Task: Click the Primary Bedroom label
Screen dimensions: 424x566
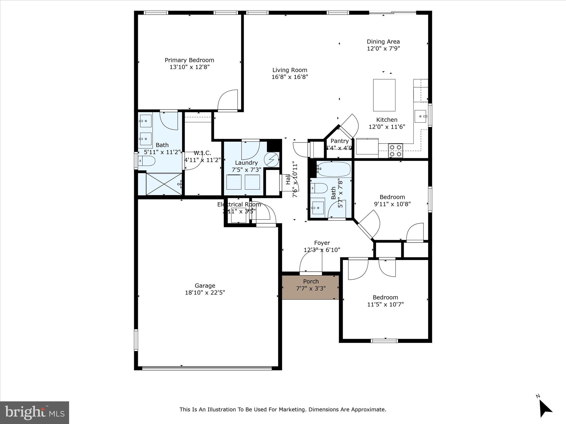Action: pyautogui.click(x=189, y=60)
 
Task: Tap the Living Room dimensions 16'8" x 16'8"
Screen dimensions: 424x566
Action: pyautogui.click(x=290, y=77)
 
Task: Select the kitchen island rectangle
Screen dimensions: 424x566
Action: pyautogui.click(x=384, y=95)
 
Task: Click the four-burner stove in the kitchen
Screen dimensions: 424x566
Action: pyautogui.click(x=395, y=151)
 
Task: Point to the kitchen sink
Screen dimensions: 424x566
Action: pyautogui.click(x=420, y=116)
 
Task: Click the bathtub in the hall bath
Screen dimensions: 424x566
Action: pyautogui.click(x=334, y=169)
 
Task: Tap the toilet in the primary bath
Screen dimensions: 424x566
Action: pyautogui.click(x=147, y=161)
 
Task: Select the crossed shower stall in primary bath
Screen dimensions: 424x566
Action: pyautogui.click(x=164, y=184)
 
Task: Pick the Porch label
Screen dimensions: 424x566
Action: pyautogui.click(x=311, y=281)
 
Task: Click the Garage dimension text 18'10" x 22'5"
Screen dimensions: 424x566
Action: pyautogui.click(x=205, y=293)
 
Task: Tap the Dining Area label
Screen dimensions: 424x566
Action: pyautogui.click(x=383, y=42)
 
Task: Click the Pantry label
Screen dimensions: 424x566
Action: pyautogui.click(x=340, y=141)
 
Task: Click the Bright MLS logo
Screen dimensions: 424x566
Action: pyautogui.click(x=34, y=412)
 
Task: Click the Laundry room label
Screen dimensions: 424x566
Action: pyautogui.click(x=246, y=163)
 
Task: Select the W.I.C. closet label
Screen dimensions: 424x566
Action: pyautogui.click(x=202, y=153)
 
